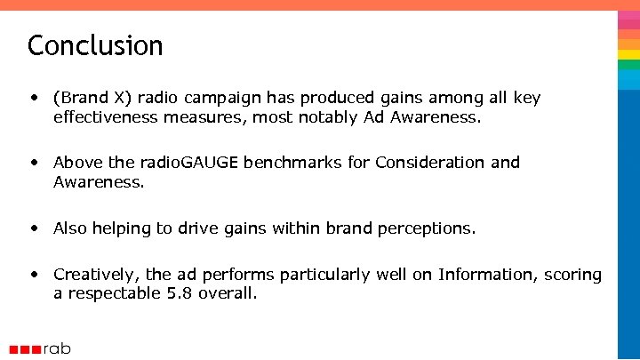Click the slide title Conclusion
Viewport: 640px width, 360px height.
tap(95, 44)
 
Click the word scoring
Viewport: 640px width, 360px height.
tap(573, 276)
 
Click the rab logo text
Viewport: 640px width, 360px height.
tap(57, 348)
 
